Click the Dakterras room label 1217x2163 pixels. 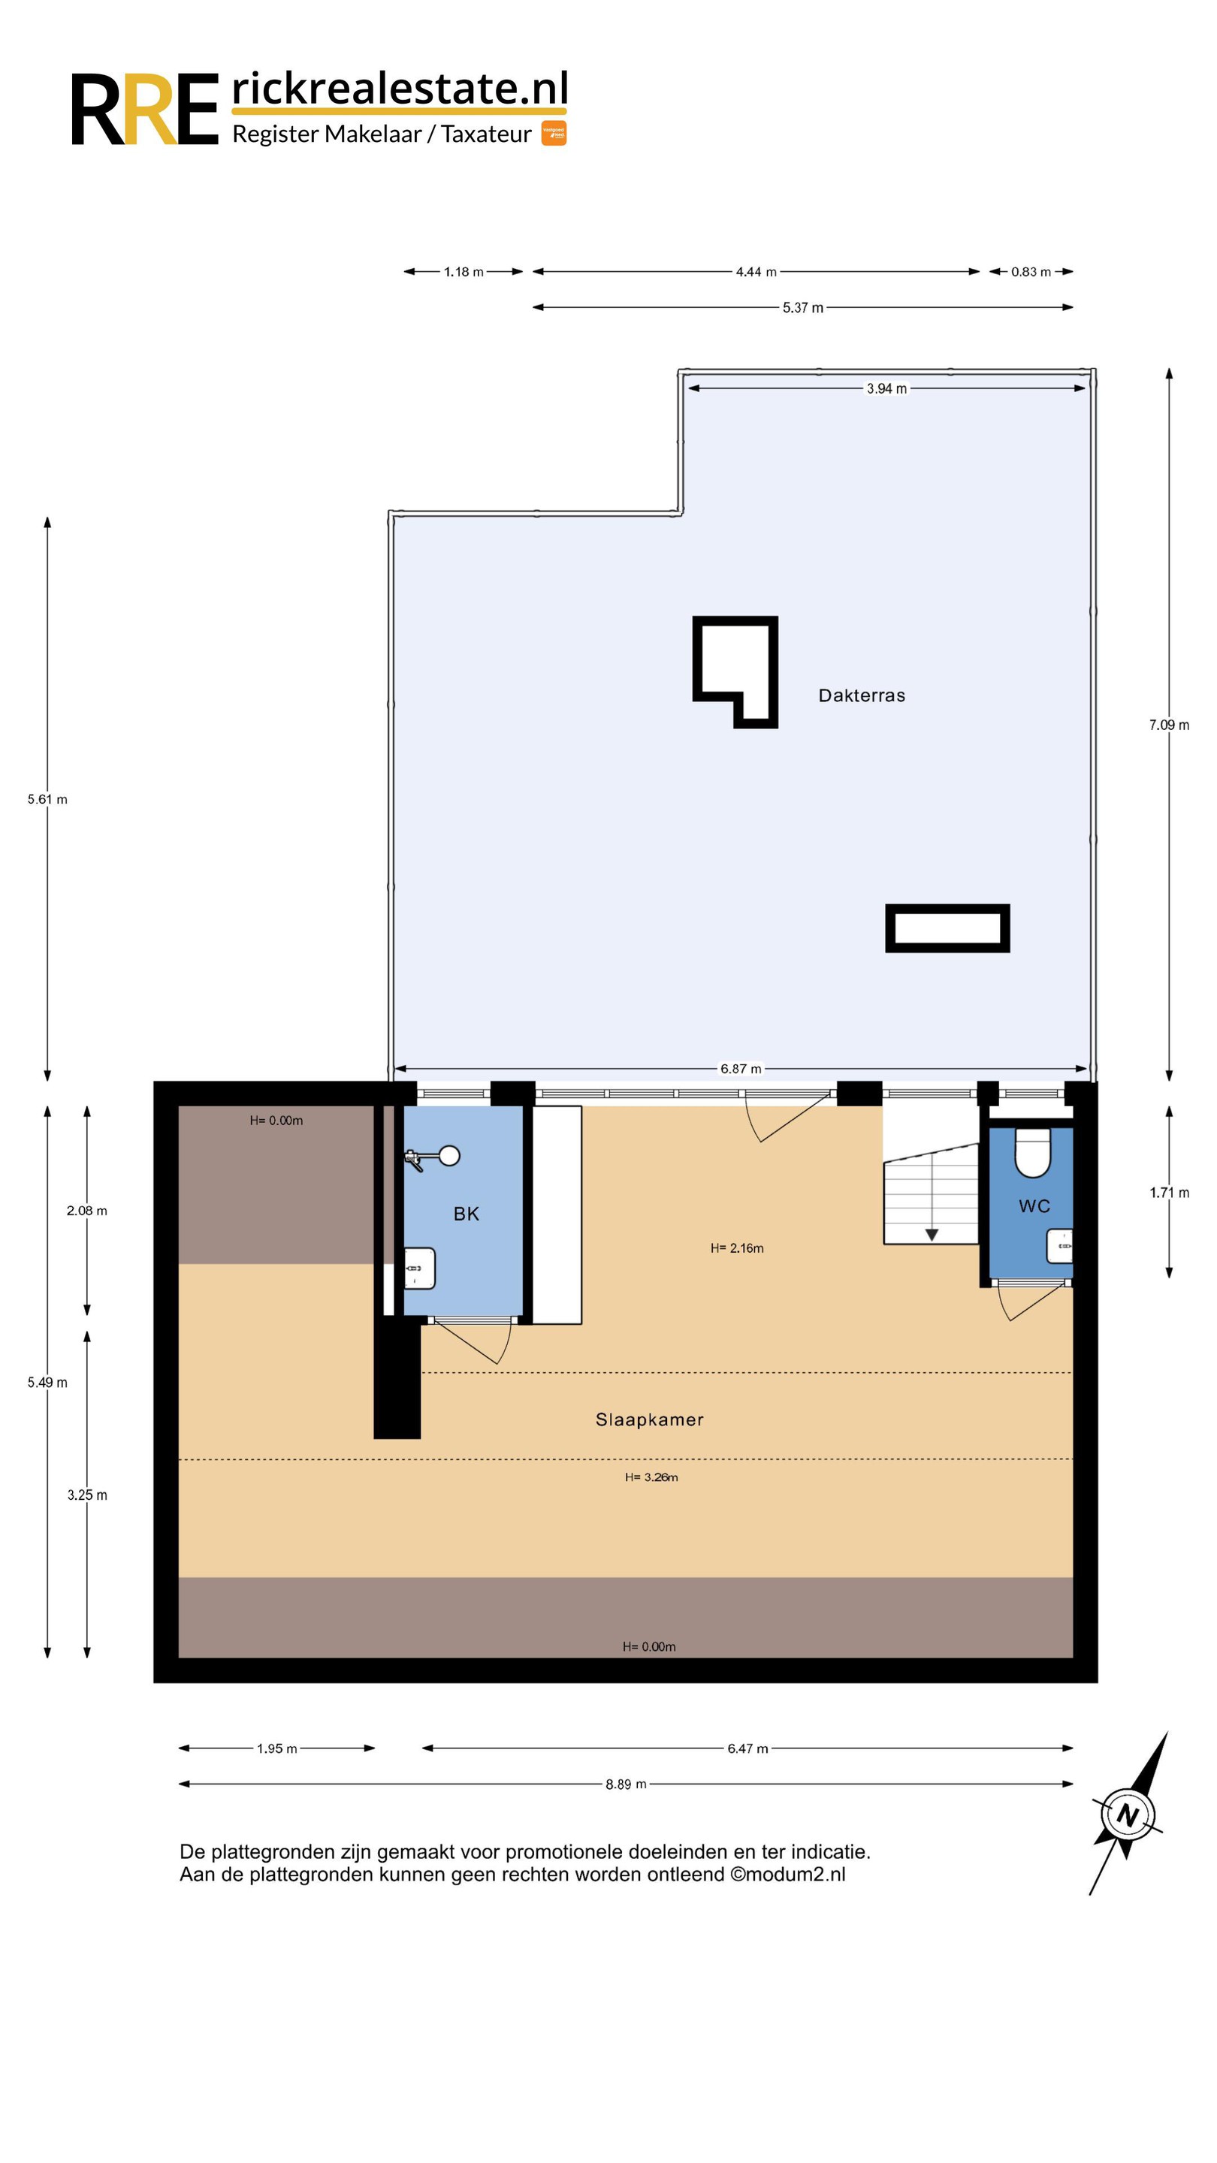(862, 695)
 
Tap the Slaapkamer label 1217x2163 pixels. (649, 1419)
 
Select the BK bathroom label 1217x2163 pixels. (466, 1214)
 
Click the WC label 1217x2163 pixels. (1034, 1205)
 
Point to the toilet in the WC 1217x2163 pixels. (1033, 1153)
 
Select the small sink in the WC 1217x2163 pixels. (1060, 1246)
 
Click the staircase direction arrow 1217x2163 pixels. (932, 1234)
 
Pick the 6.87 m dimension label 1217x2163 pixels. (741, 1069)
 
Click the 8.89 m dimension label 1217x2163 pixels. (626, 1784)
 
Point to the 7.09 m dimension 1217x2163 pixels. (1169, 725)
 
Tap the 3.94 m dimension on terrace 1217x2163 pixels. (887, 389)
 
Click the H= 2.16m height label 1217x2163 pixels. (736, 1247)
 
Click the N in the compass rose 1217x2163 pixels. (1127, 1816)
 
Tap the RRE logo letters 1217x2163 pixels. (144, 109)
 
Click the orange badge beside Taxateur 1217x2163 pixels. (554, 133)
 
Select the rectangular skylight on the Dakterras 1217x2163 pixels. (947, 928)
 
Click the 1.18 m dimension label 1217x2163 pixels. (464, 272)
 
